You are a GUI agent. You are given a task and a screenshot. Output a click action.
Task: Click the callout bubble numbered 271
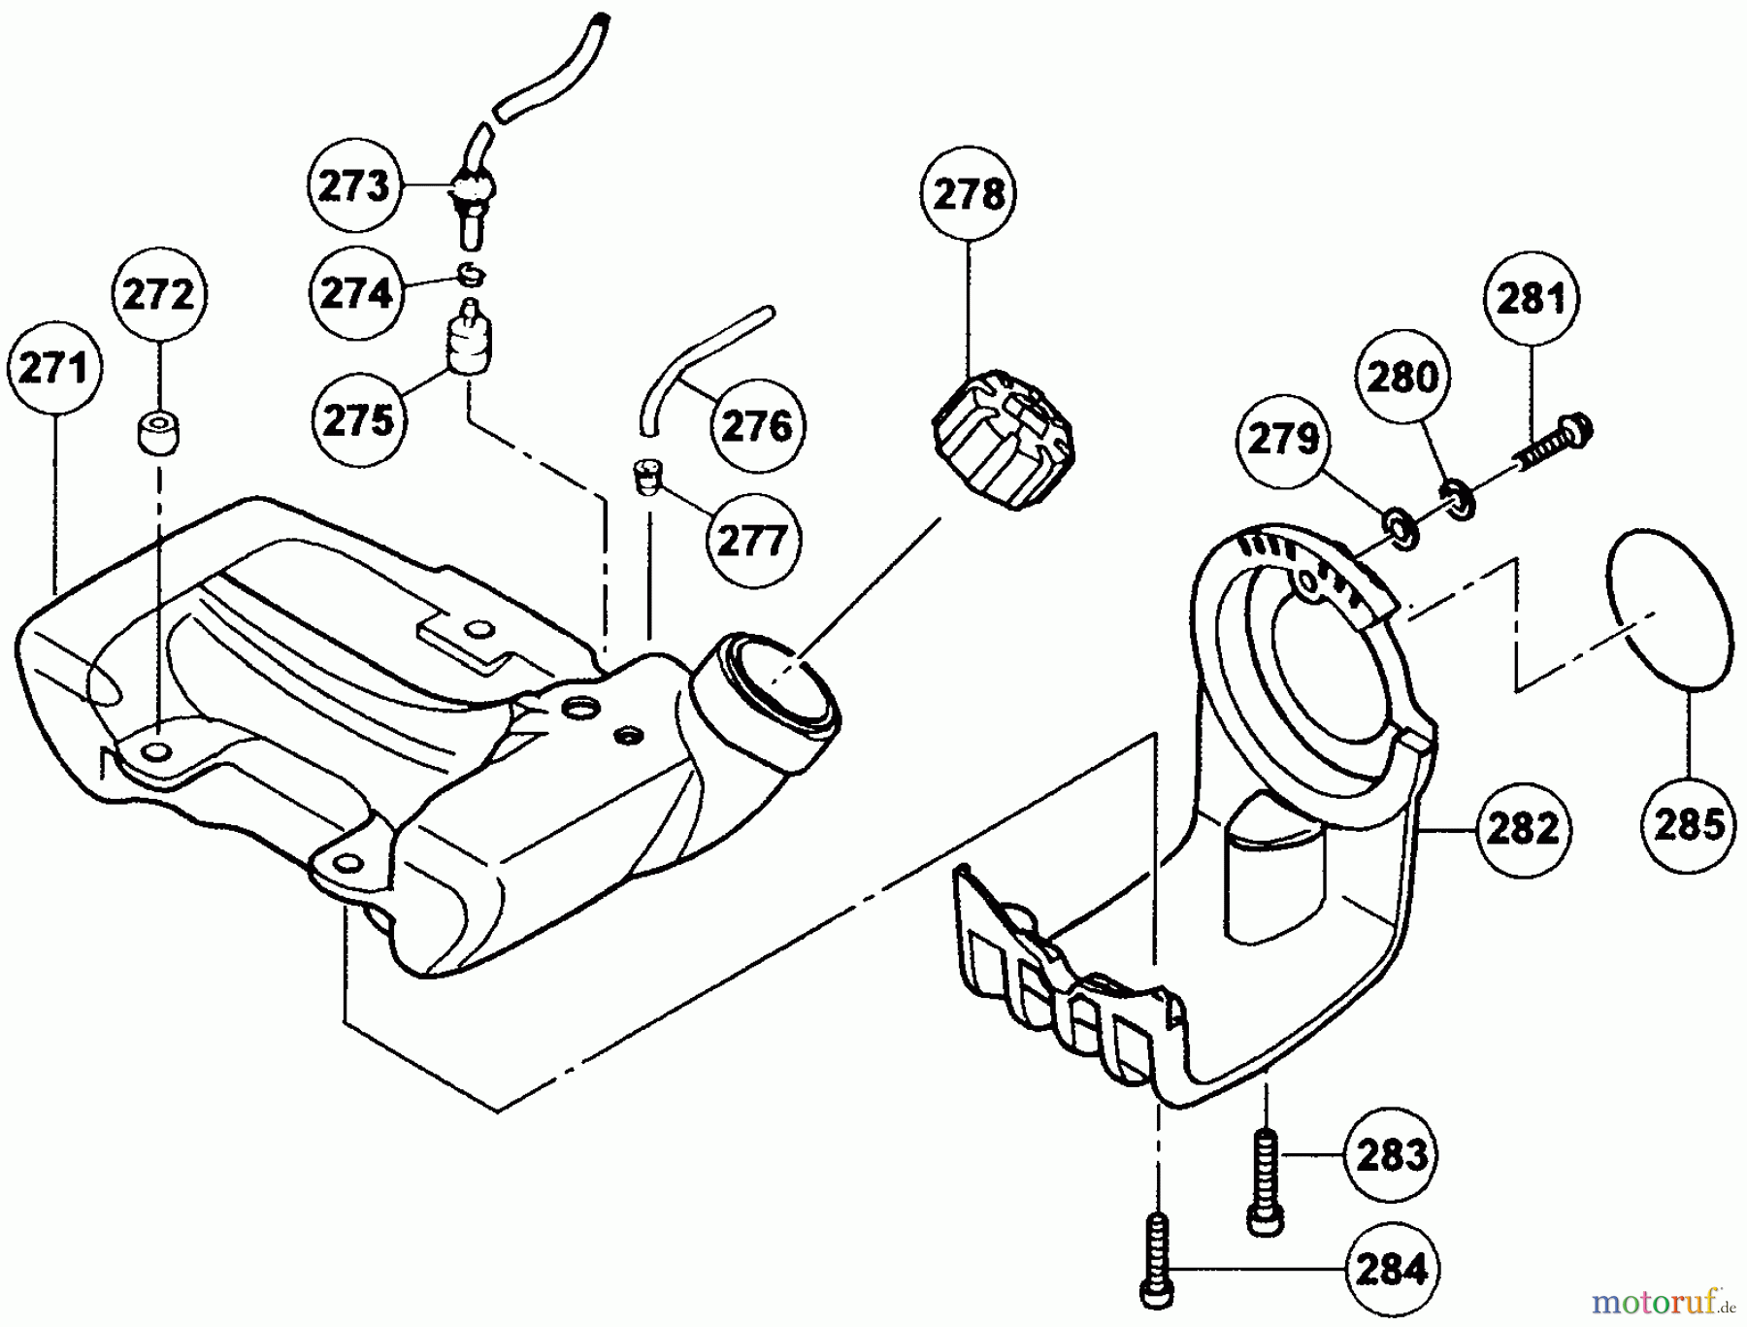[54, 370]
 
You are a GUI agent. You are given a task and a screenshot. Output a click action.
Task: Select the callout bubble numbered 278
[968, 195]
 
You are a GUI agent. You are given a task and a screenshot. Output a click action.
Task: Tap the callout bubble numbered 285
[1689, 825]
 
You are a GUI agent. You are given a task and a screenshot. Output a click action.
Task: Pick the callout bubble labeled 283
[1391, 1155]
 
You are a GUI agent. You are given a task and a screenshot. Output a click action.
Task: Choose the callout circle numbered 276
[758, 426]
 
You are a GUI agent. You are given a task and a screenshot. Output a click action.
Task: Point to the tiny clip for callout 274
[470, 275]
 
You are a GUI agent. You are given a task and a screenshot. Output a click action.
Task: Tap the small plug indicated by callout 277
[648, 476]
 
